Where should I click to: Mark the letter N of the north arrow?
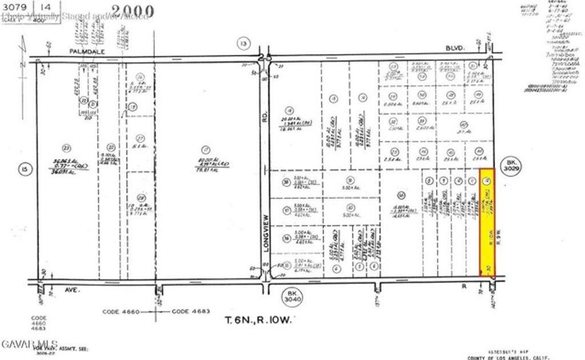point(22,64)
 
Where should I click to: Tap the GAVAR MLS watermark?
point(18,343)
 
